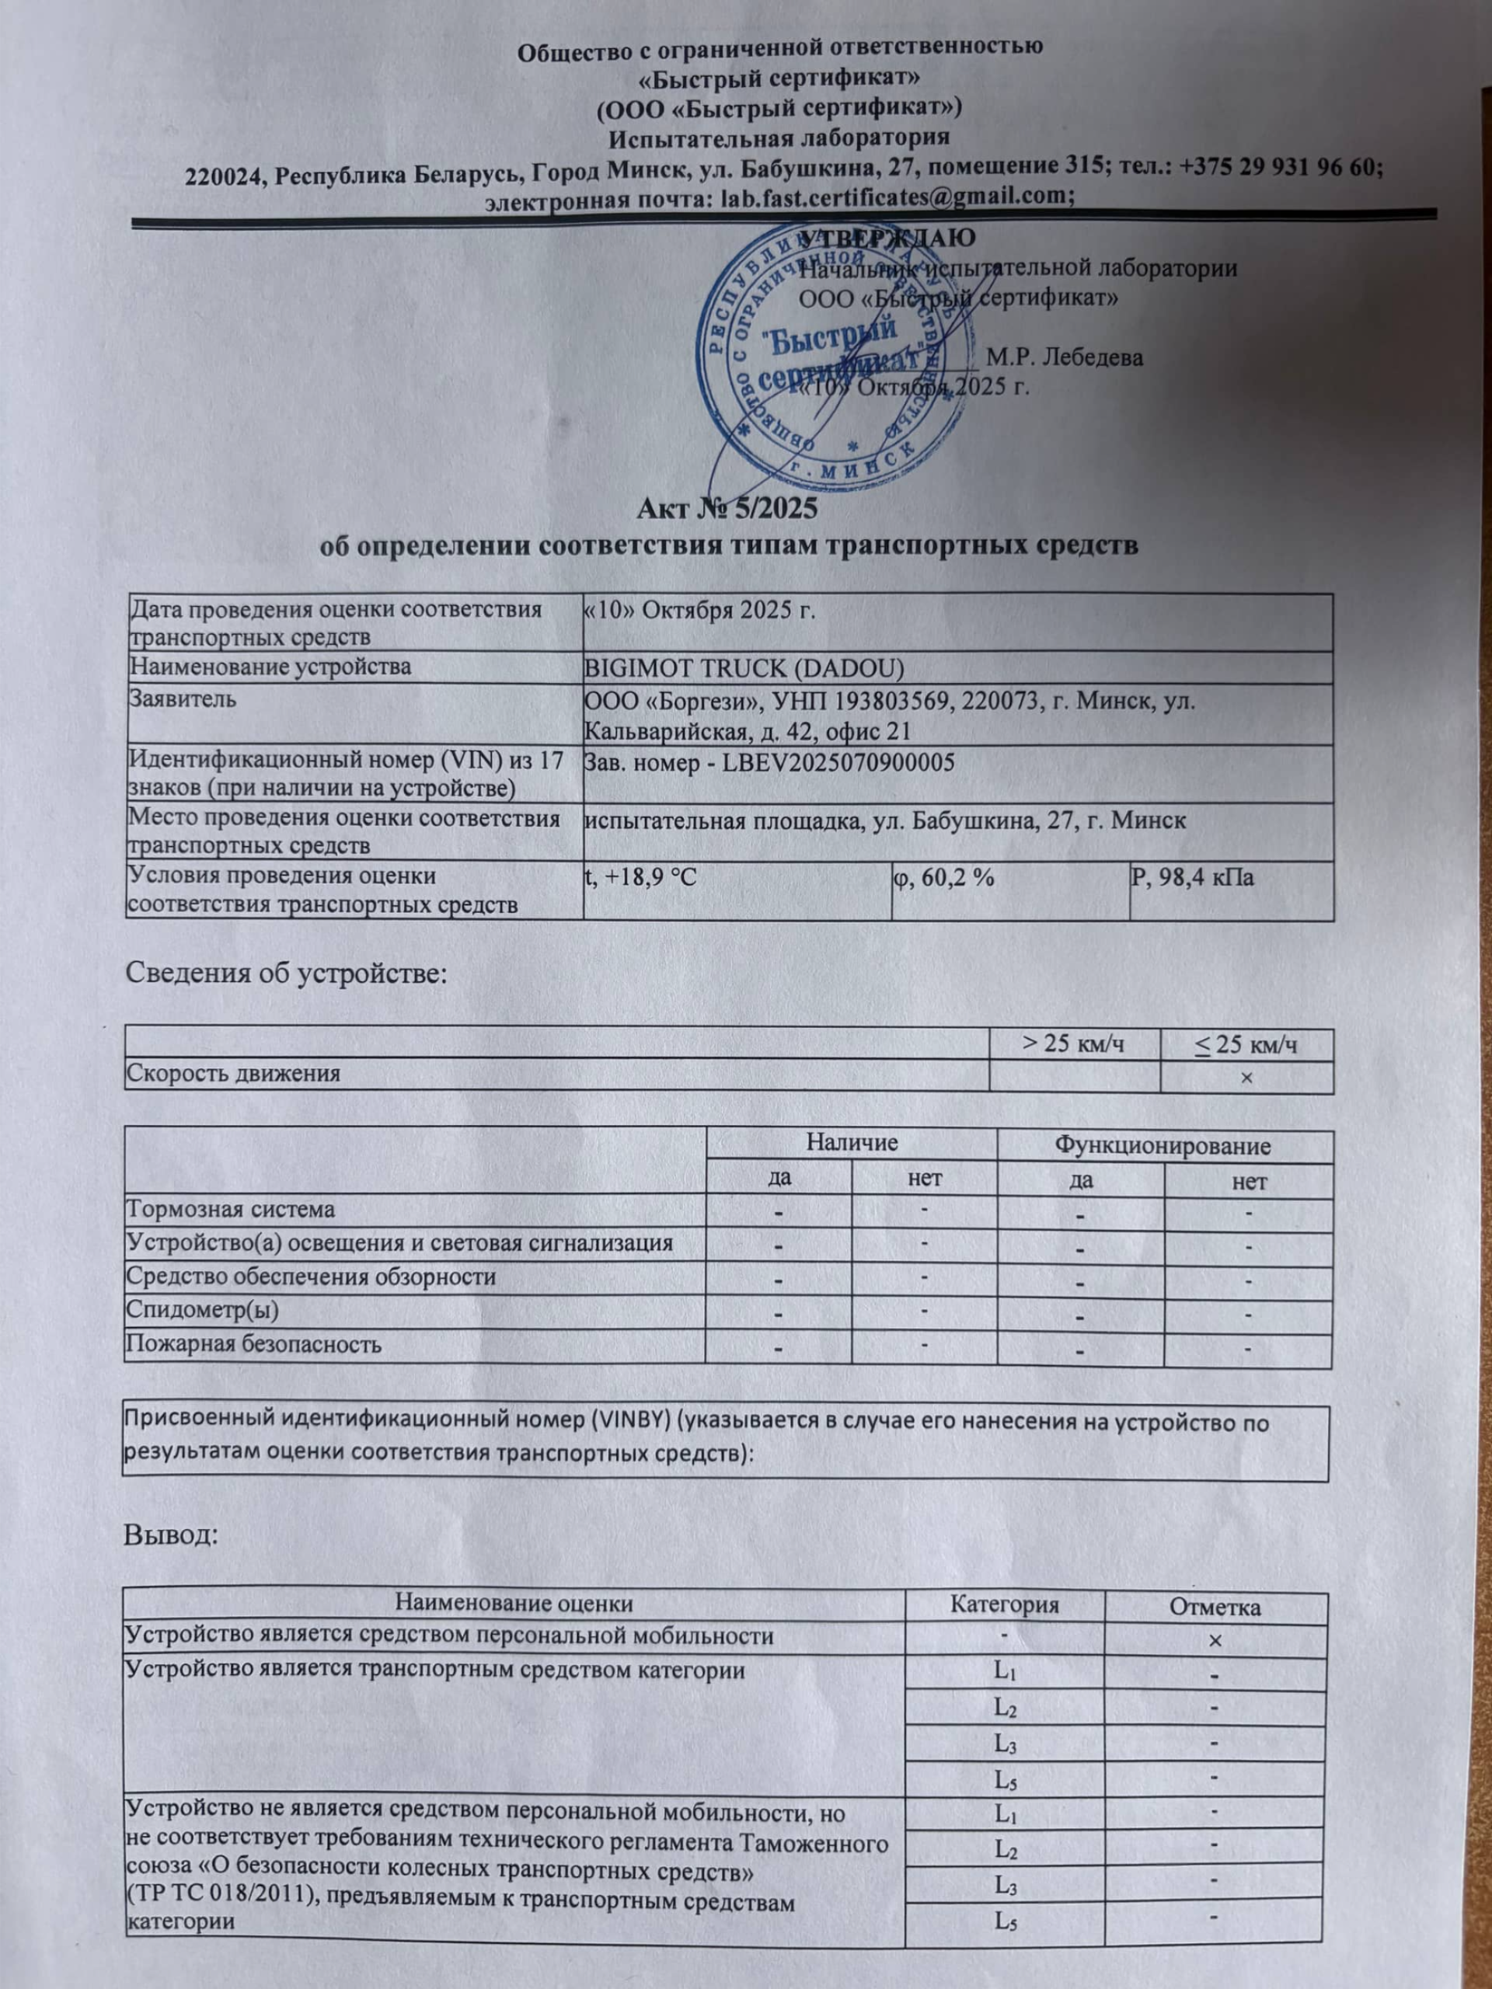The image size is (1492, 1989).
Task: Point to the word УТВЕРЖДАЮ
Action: [887, 239]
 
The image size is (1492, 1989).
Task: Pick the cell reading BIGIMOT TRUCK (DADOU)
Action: [744, 667]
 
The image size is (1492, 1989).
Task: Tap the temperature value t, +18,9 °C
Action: [640, 876]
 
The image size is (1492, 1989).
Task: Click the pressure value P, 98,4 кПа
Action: [1194, 876]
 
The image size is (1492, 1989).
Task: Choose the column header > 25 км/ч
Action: [1074, 1044]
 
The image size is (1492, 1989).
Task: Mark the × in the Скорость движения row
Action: [1246, 1076]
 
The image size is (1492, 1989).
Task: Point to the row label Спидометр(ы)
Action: [202, 1310]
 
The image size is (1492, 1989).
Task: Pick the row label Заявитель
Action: [183, 698]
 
